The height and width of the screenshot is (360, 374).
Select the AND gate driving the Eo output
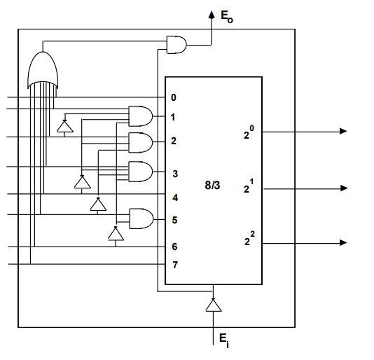(x=176, y=45)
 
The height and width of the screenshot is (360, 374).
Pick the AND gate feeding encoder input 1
(x=141, y=116)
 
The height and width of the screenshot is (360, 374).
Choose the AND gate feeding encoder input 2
(x=141, y=143)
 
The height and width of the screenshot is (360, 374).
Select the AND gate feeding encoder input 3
(x=141, y=171)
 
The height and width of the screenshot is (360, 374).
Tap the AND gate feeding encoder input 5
(x=141, y=219)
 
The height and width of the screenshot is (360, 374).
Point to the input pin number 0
(x=173, y=97)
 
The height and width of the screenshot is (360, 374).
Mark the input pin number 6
(x=174, y=247)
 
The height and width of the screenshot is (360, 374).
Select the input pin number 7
(x=174, y=265)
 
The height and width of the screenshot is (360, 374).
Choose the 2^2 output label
(x=249, y=241)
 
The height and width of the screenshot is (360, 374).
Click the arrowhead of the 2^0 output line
(x=343, y=131)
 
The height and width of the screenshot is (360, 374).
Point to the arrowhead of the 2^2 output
(x=343, y=242)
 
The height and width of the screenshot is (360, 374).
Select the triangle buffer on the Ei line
(x=213, y=305)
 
